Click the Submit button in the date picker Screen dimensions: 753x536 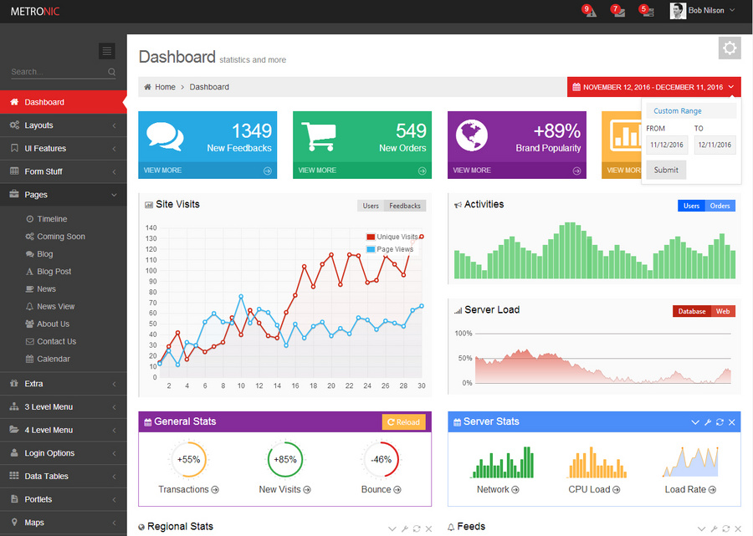tap(666, 170)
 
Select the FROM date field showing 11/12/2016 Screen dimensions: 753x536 tap(667, 145)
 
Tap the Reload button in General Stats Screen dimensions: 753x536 tap(403, 422)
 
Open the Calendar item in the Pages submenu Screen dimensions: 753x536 tap(54, 359)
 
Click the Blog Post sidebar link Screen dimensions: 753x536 tap(54, 272)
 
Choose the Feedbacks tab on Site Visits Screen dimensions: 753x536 tap(405, 206)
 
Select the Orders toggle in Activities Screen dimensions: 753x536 tap(720, 206)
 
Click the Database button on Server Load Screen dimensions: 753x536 tap(692, 311)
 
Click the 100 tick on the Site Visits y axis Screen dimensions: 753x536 tap(151, 271)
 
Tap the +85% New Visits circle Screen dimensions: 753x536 tap(285, 460)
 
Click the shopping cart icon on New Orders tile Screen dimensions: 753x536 tap(319, 136)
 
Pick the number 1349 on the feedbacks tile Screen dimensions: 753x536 tap(252, 131)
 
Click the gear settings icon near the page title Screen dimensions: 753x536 tap(730, 48)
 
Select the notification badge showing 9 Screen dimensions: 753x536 tap(586, 8)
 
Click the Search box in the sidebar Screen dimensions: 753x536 tap(59, 72)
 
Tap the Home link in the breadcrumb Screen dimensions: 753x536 tap(165, 87)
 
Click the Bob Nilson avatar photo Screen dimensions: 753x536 tap(678, 11)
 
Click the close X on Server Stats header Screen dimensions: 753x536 tap(731, 422)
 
